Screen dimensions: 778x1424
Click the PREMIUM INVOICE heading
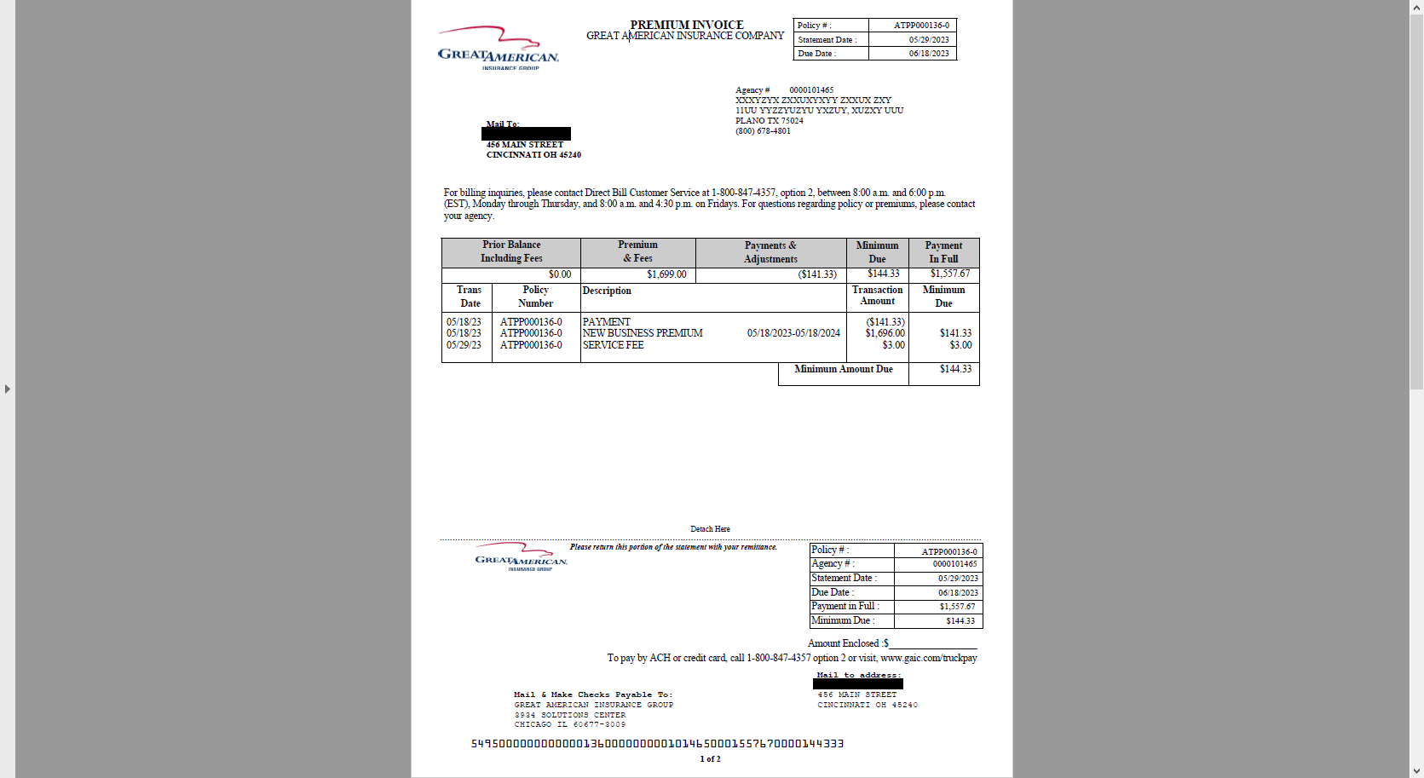tap(686, 25)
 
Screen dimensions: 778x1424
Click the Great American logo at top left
tap(498, 49)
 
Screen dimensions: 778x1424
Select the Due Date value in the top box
tap(928, 54)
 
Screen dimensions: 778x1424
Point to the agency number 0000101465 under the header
tap(810, 90)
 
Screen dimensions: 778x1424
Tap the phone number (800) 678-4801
tap(763, 131)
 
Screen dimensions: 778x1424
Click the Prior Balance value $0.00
tap(560, 274)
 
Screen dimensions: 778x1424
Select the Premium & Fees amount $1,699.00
tap(666, 274)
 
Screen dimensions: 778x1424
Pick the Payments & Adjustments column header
tap(770, 252)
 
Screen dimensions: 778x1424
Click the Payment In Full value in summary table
tap(949, 274)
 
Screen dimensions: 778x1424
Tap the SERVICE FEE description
tap(613, 345)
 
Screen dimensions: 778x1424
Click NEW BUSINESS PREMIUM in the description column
tap(643, 333)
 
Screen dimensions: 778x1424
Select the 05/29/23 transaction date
tap(464, 345)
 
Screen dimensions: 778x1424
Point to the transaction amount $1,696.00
tap(885, 333)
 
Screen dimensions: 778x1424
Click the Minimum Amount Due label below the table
tap(843, 369)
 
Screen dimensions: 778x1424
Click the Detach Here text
tap(710, 529)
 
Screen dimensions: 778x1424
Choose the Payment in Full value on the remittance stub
tap(957, 607)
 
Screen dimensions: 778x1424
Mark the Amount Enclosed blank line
tap(932, 644)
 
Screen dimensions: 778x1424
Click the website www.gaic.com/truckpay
tap(928, 658)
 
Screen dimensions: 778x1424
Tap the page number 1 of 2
tap(710, 759)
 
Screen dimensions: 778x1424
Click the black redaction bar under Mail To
tap(526, 134)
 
